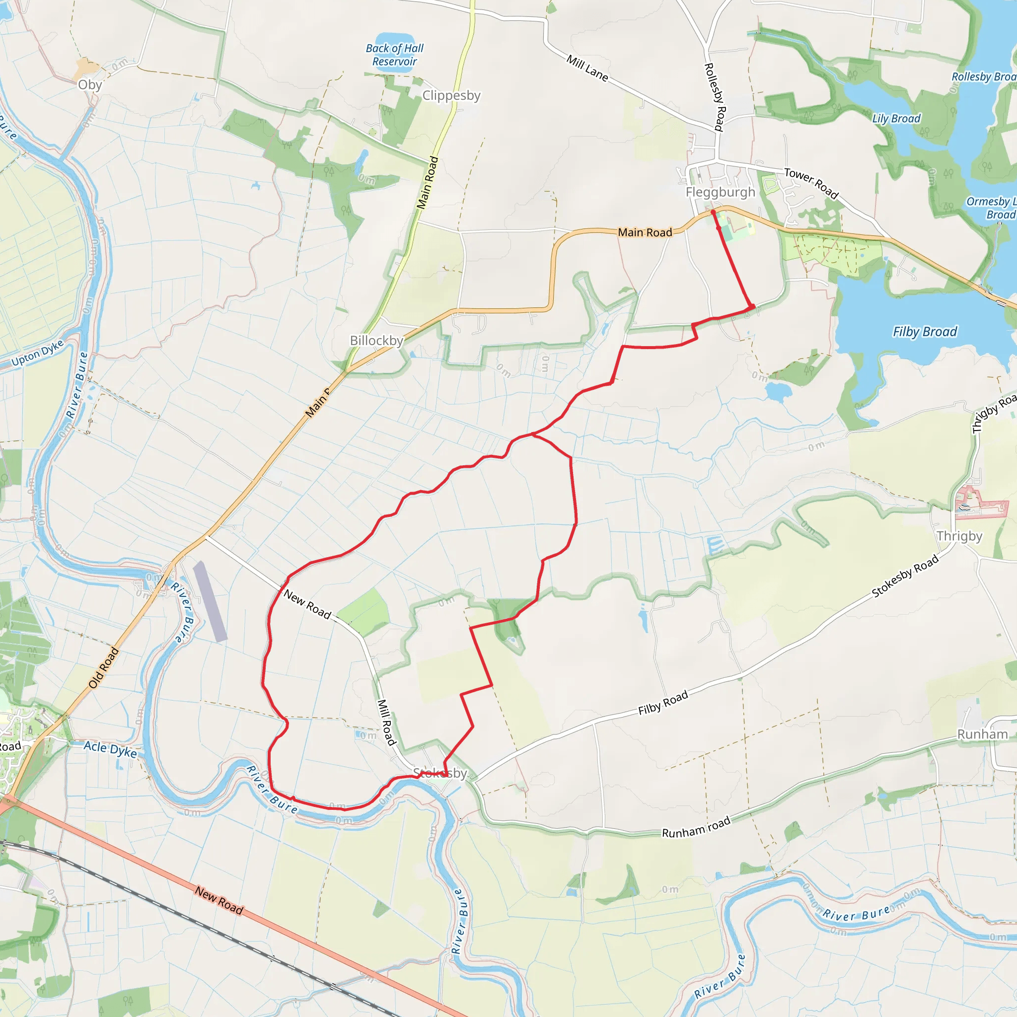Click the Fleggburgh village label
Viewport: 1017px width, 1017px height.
point(720,192)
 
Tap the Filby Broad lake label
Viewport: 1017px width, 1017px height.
point(924,332)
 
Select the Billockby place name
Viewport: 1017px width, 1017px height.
point(376,341)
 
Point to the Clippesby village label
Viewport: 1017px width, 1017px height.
point(451,95)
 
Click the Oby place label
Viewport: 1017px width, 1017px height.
point(89,85)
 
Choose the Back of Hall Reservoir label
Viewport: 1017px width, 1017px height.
point(395,55)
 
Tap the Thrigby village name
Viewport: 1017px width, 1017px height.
point(959,536)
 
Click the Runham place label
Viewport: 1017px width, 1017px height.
point(982,734)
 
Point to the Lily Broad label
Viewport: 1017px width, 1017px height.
point(896,119)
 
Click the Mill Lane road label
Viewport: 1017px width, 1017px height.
point(587,68)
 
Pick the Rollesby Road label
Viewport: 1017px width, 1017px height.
point(714,97)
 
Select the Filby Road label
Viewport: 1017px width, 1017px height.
point(663,703)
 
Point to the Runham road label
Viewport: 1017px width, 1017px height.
point(696,827)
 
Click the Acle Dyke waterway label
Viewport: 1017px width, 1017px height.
point(110,749)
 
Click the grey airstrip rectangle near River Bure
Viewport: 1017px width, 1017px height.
point(210,601)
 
